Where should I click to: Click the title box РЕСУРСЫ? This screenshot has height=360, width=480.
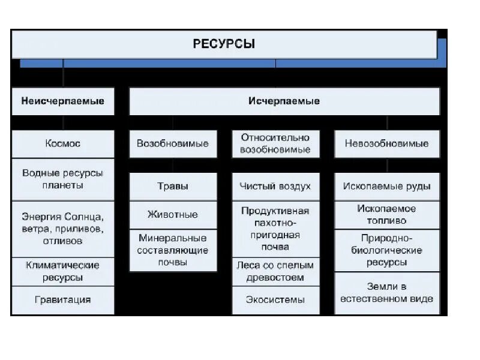point(224,44)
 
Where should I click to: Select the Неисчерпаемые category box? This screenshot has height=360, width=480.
point(63,101)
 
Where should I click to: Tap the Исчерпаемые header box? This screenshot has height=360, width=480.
point(284,101)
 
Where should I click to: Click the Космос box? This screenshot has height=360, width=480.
point(63,144)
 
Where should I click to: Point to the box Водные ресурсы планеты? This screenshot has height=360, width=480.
point(63,179)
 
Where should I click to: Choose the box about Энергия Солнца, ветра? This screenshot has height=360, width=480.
point(63,229)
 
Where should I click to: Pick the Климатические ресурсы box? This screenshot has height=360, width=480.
point(63,271)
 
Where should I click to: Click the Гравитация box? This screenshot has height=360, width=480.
point(63,300)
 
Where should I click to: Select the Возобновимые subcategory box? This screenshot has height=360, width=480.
point(173,144)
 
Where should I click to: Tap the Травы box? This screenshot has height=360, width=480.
point(173,187)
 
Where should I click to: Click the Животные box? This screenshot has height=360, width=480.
point(173,215)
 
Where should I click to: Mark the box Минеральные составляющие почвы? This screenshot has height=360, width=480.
point(173,250)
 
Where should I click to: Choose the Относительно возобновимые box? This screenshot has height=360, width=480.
point(275,144)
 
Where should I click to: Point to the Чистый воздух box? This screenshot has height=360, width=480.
point(275,187)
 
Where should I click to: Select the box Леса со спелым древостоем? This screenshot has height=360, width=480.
point(275,271)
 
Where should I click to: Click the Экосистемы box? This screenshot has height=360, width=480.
point(275,300)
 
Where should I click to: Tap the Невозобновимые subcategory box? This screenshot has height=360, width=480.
point(386,144)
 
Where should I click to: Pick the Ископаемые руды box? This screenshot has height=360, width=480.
point(386,187)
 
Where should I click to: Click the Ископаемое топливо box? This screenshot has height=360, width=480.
point(386,215)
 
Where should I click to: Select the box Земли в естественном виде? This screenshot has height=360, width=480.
point(386,292)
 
